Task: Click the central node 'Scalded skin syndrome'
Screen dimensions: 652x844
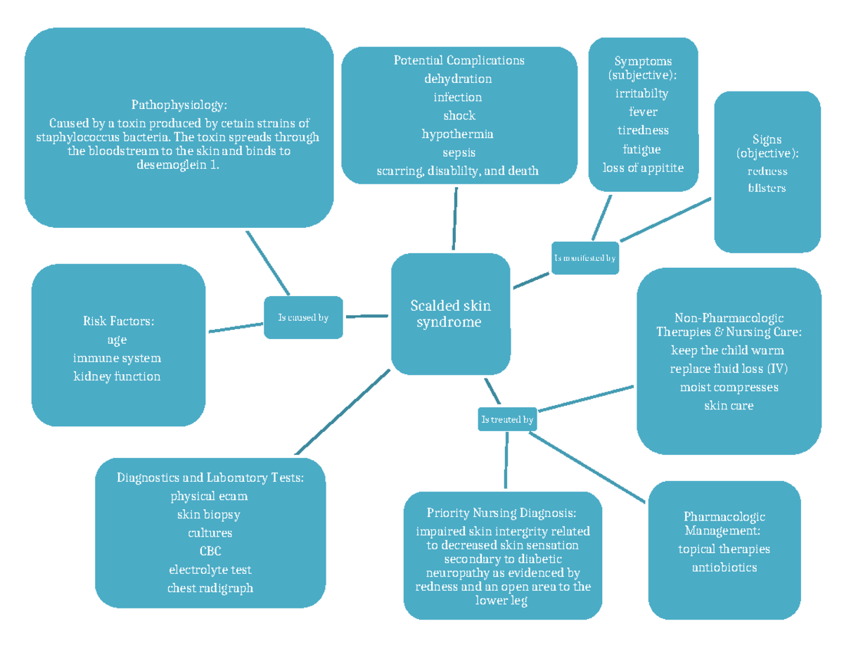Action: (x=450, y=314)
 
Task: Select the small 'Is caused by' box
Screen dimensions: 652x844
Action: (x=303, y=317)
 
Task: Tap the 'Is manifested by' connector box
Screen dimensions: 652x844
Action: (x=584, y=258)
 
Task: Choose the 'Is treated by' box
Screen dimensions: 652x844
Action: (x=507, y=420)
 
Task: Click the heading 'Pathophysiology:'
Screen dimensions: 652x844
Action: (x=179, y=106)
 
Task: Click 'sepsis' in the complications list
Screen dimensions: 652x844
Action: (x=459, y=152)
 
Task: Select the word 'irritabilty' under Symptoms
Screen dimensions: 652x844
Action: (x=641, y=93)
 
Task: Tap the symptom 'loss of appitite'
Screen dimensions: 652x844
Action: (x=643, y=167)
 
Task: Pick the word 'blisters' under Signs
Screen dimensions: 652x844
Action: (x=767, y=188)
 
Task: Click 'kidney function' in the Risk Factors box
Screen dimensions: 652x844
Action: (x=117, y=376)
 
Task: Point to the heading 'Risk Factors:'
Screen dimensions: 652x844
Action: (x=117, y=321)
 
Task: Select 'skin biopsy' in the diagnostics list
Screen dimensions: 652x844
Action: (x=209, y=514)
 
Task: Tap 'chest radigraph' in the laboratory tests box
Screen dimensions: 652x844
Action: (x=210, y=588)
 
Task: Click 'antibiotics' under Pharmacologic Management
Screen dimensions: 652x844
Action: (x=724, y=567)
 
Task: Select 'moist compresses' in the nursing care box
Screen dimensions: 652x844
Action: (x=729, y=387)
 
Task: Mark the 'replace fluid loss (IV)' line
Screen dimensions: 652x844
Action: (x=729, y=369)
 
